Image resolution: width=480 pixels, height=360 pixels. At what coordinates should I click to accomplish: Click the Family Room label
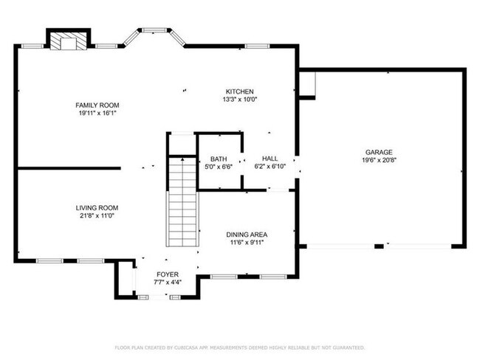point(97,105)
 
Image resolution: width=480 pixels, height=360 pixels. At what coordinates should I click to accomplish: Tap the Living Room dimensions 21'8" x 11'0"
point(97,215)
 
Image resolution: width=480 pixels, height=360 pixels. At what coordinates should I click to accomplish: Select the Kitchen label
point(240,91)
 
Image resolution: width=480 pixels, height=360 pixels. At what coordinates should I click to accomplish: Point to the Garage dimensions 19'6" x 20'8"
point(377,160)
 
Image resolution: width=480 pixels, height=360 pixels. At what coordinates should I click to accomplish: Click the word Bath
point(219,159)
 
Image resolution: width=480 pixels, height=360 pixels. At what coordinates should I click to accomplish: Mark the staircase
point(182,203)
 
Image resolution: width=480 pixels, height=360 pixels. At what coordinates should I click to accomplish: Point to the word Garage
point(377,152)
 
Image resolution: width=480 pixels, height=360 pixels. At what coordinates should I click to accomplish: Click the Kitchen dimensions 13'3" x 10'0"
point(240,99)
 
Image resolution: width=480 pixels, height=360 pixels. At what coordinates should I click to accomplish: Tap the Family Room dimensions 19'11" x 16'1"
point(97,113)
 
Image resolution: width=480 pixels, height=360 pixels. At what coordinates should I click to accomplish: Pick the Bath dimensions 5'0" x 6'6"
point(219,167)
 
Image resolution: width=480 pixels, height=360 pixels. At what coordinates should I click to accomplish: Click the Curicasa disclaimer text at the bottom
point(239,347)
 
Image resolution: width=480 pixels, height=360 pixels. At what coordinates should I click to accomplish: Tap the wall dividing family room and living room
point(68,168)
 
